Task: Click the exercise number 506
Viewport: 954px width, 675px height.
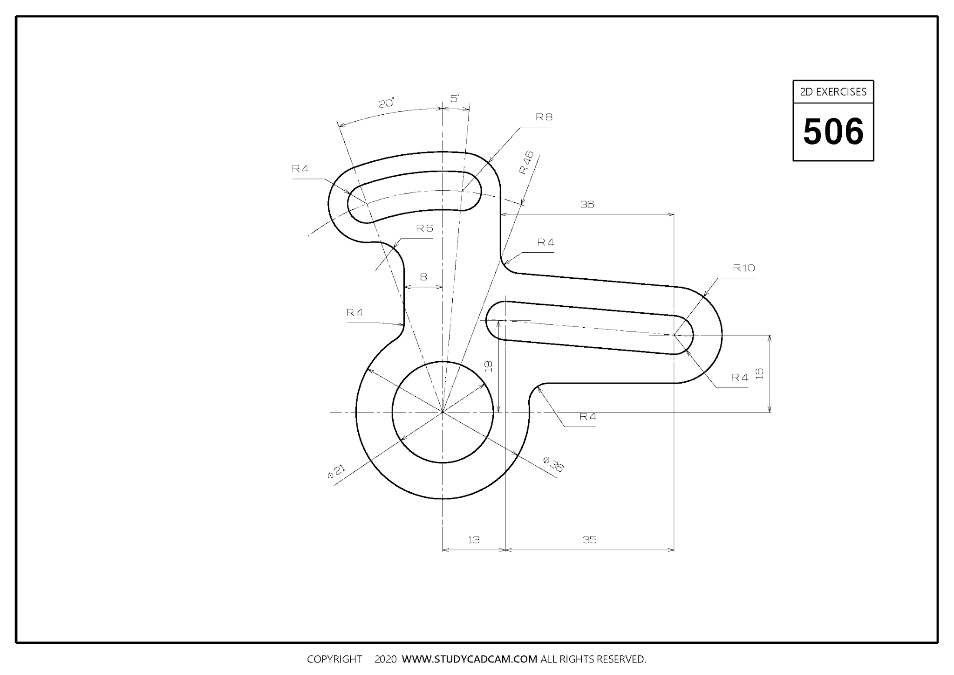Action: coord(833,131)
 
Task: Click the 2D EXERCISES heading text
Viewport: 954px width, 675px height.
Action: coord(833,92)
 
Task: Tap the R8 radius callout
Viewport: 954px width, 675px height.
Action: coord(544,117)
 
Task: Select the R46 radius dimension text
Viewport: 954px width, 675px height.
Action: coord(527,163)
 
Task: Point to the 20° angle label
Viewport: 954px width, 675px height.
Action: coord(386,103)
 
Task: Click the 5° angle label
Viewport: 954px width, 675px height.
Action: coord(455,98)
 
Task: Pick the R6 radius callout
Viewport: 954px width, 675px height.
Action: coord(424,228)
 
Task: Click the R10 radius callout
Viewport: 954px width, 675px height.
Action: coord(743,268)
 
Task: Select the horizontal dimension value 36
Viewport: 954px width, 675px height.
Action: coord(587,204)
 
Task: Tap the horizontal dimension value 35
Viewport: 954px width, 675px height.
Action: coord(589,540)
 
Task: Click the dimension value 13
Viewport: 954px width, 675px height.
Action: coord(473,540)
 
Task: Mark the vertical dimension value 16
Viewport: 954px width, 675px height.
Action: coord(760,373)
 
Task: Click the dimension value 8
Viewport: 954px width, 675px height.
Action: coord(423,277)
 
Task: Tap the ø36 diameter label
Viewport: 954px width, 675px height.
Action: coord(553,464)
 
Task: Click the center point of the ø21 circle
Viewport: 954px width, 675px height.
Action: coord(443,412)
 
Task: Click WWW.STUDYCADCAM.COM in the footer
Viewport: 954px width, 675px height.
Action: coord(470,659)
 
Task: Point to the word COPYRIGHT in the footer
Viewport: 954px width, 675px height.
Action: coord(334,659)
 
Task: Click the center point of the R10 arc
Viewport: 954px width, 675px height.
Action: coord(674,335)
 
